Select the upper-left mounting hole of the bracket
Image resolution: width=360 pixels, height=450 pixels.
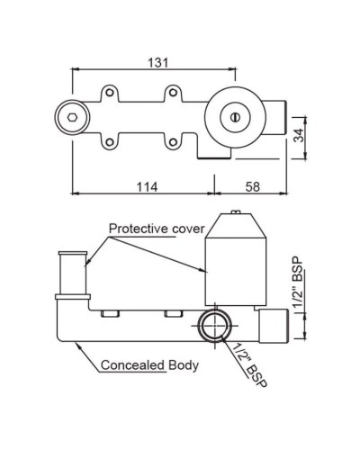pyautogui.click(x=109, y=92)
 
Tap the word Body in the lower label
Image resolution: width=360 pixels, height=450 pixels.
pyautogui.click(x=184, y=365)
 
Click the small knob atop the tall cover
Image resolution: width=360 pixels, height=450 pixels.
pyautogui.click(x=236, y=212)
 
